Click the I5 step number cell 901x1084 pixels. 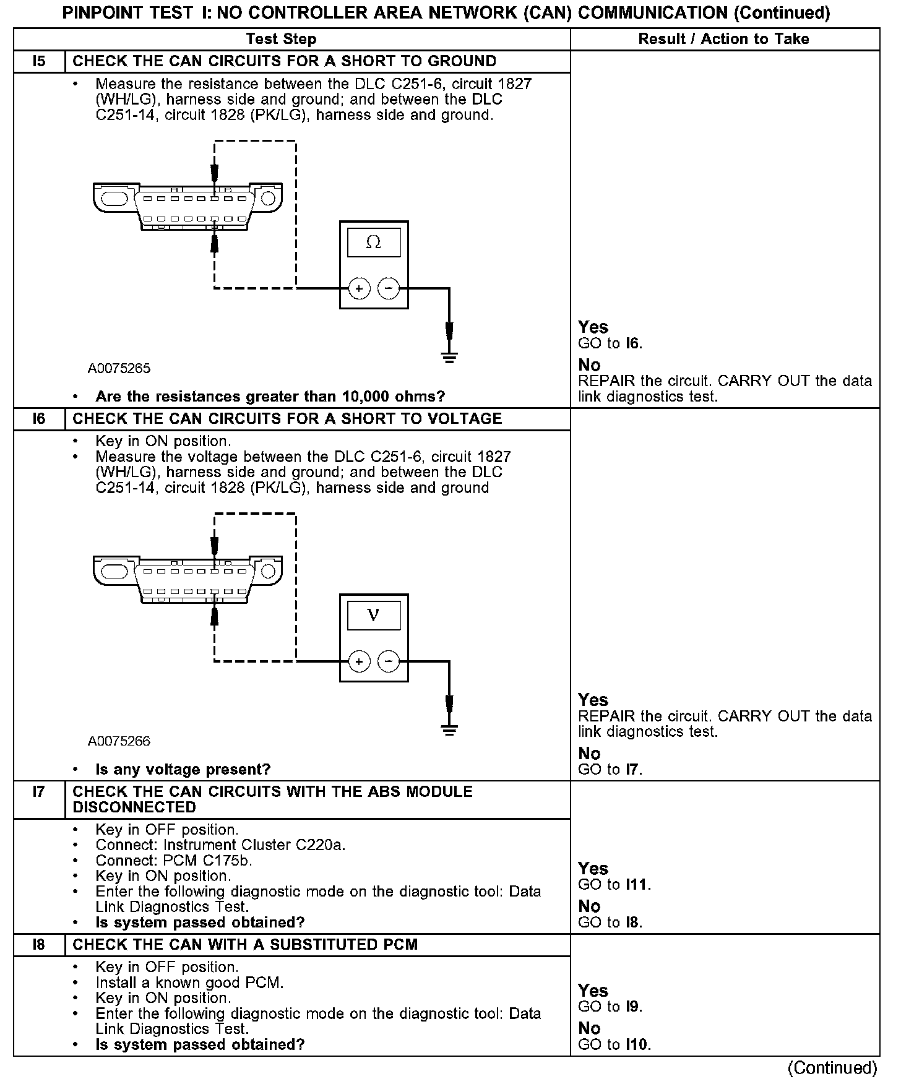(x=39, y=61)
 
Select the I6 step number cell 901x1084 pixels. (x=39, y=419)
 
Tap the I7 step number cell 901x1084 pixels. (x=39, y=792)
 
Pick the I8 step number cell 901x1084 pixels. (x=39, y=945)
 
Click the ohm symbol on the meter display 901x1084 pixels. (x=374, y=243)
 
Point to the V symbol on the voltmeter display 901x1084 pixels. (x=373, y=616)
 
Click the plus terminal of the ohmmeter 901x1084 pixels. (x=359, y=288)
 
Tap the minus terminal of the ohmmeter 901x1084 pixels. (x=389, y=288)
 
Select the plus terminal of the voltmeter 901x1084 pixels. (x=359, y=662)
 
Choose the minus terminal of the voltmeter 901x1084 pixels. (x=389, y=662)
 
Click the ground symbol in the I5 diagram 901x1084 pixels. (x=449, y=357)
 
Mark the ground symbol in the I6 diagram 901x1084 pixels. (x=449, y=730)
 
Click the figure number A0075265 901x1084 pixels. (x=119, y=369)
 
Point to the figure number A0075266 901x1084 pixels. (x=119, y=741)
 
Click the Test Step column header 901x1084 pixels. (x=281, y=39)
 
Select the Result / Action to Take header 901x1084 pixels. (x=723, y=39)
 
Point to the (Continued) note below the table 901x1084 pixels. (x=832, y=1069)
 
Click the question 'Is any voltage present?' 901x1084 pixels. (x=183, y=770)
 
